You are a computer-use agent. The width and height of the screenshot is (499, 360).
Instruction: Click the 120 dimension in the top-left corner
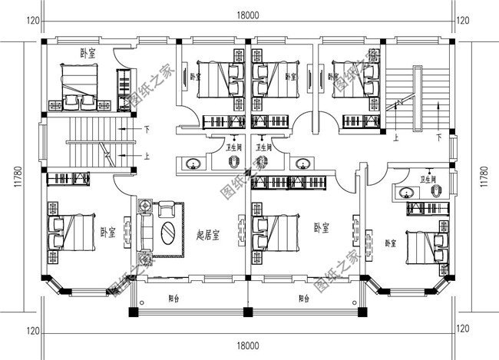click(x=32, y=20)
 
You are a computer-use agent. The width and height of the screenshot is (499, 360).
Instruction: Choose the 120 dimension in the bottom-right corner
click(x=463, y=330)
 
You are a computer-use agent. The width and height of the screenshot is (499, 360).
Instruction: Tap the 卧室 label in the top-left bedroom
click(x=88, y=52)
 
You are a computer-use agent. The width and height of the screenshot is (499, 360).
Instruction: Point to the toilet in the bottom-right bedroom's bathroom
click(x=436, y=193)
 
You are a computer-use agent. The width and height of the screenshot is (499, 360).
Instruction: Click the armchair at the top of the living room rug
click(x=166, y=207)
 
